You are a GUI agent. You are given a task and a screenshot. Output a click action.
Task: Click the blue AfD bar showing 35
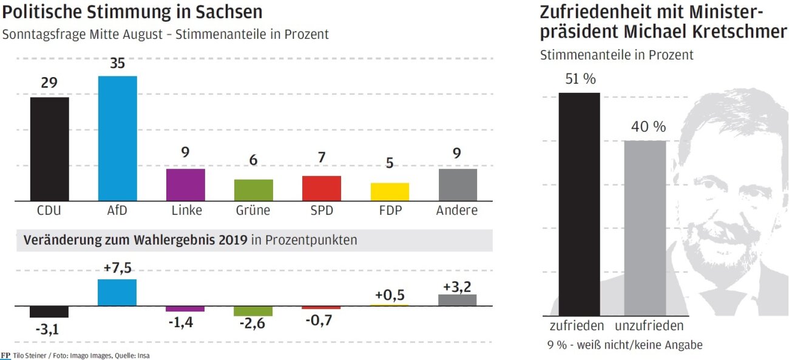(x=117, y=138)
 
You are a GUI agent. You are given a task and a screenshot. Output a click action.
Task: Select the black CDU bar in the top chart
(x=49, y=149)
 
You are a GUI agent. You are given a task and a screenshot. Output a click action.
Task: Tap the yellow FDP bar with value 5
(x=390, y=192)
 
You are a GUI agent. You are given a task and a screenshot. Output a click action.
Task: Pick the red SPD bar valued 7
(x=322, y=188)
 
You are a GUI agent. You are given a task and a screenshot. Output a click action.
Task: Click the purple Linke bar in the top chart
(x=185, y=185)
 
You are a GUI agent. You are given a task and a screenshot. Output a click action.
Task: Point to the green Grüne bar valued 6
(x=253, y=190)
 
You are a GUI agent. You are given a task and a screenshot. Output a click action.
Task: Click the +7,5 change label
(x=118, y=268)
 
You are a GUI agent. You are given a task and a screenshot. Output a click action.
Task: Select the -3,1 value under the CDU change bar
(x=49, y=330)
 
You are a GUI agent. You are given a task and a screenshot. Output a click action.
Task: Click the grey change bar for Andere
(x=458, y=299)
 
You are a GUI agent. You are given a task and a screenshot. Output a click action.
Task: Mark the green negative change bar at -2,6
(x=253, y=310)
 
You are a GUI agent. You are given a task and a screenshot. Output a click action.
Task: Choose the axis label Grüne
(x=253, y=211)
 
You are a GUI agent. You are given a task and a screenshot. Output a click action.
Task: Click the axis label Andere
(x=457, y=211)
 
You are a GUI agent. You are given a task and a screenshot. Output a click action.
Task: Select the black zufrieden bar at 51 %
(x=579, y=204)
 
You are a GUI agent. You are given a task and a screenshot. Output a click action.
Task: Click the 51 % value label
(x=580, y=79)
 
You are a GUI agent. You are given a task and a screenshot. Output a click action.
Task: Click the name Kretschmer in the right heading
(x=734, y=32)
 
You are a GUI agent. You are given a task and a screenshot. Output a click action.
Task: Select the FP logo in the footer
(x=5, y=355)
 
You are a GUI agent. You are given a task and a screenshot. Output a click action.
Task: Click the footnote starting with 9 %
(x=625, y=345)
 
